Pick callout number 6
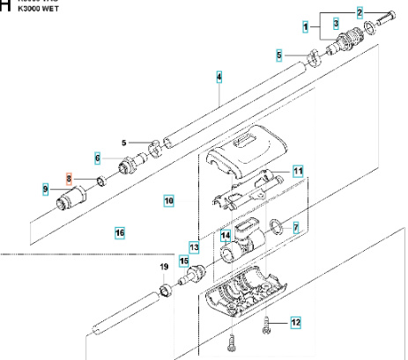coord(98,158)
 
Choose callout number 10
coord(168,201)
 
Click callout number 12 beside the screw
coord(295,323)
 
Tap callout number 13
coord(194,249)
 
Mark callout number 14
coord(225,235)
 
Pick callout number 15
coord(184,260)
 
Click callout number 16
coord(120,232)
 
